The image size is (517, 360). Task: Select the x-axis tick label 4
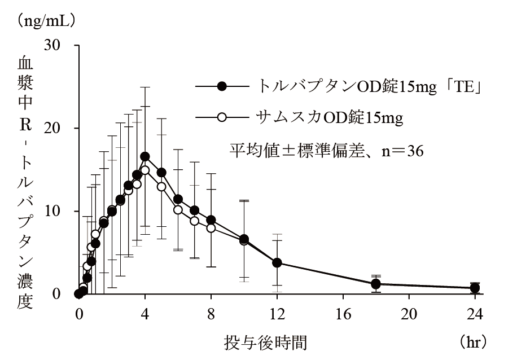144,313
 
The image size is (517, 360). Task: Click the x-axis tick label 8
211,313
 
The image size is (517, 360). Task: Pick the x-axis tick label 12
277,313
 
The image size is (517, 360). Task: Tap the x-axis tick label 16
343,313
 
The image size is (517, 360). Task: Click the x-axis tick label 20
409,313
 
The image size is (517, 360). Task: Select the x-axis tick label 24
475,313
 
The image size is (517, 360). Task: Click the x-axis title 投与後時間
266,341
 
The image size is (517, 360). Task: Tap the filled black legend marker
222,86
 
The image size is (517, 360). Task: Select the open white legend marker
222,117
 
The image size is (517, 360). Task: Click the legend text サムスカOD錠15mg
330,117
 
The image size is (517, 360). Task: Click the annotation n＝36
395,150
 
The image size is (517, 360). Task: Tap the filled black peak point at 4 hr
145,156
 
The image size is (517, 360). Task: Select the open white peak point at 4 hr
145,170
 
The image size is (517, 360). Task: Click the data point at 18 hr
376,284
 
